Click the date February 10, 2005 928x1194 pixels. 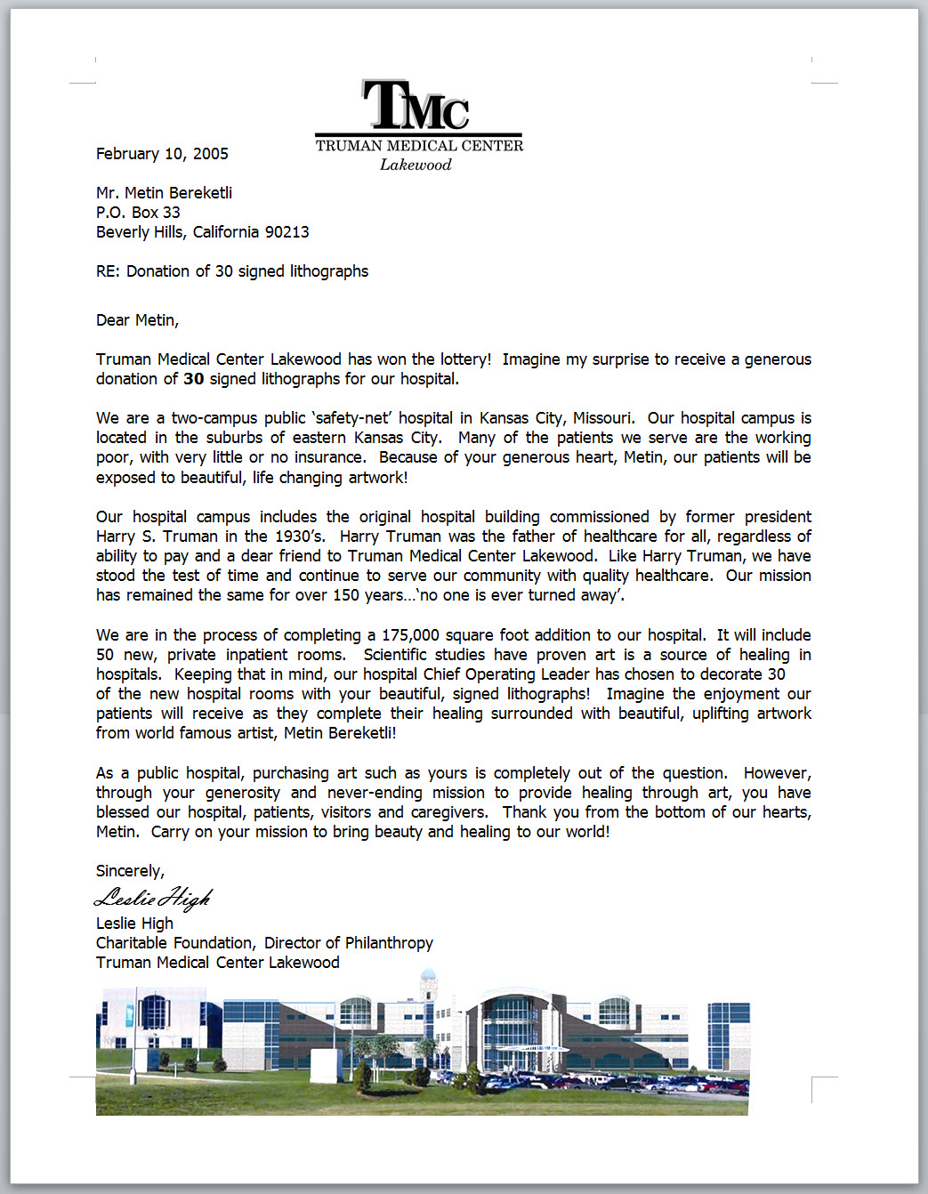[x=162, y=154]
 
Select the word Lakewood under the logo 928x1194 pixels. [x=416, y=165]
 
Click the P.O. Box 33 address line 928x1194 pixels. [x=138, y=213]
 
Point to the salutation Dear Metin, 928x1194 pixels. [x=137, y=320]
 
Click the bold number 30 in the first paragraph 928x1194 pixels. [x=193, y=379]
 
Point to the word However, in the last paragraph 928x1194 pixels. [x=777, y=773]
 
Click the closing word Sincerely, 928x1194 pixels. [x=130, y=871]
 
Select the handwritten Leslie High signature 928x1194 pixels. [x=153, y=898]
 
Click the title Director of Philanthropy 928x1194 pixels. [x=348, y=943]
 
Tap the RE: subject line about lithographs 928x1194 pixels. [x=231, y=271]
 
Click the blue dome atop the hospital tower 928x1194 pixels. [x=428, y=974]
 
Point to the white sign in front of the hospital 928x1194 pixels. [x=324, y=1063]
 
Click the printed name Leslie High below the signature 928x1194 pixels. [x=134, y=924]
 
